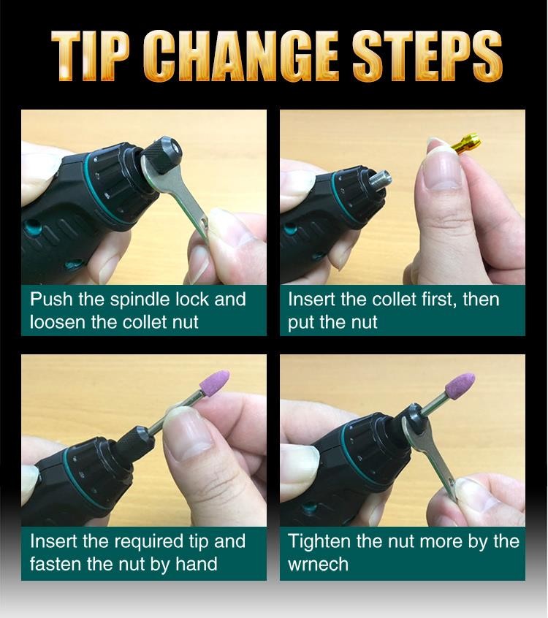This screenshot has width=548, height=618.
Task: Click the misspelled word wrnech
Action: pos(318,565)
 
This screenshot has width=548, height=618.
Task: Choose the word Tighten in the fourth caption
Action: pos(320,542)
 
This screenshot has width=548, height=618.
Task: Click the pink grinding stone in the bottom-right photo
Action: pos(460,386)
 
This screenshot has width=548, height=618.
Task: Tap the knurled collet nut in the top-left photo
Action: pos(161,153)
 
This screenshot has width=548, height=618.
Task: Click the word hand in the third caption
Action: pos(197,564)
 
